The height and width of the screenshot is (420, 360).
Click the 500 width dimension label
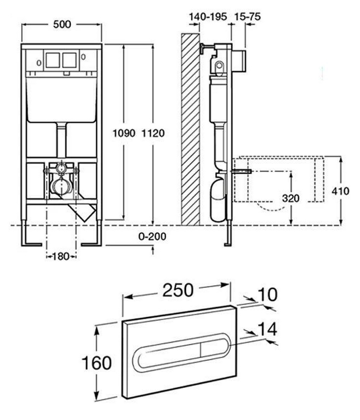(x=61, y=24)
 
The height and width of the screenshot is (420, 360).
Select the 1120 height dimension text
(x=153, y=133)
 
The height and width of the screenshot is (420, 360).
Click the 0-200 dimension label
(x=152, y=236)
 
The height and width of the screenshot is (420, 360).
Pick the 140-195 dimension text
(x=207, y=17)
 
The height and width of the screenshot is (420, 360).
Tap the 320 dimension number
(x=290, y=198)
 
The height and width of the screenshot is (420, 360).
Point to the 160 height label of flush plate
(x=97, y=362)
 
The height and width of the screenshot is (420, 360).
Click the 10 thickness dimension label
(x=268, y=295)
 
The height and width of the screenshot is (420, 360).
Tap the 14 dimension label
(x=267, y=329)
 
